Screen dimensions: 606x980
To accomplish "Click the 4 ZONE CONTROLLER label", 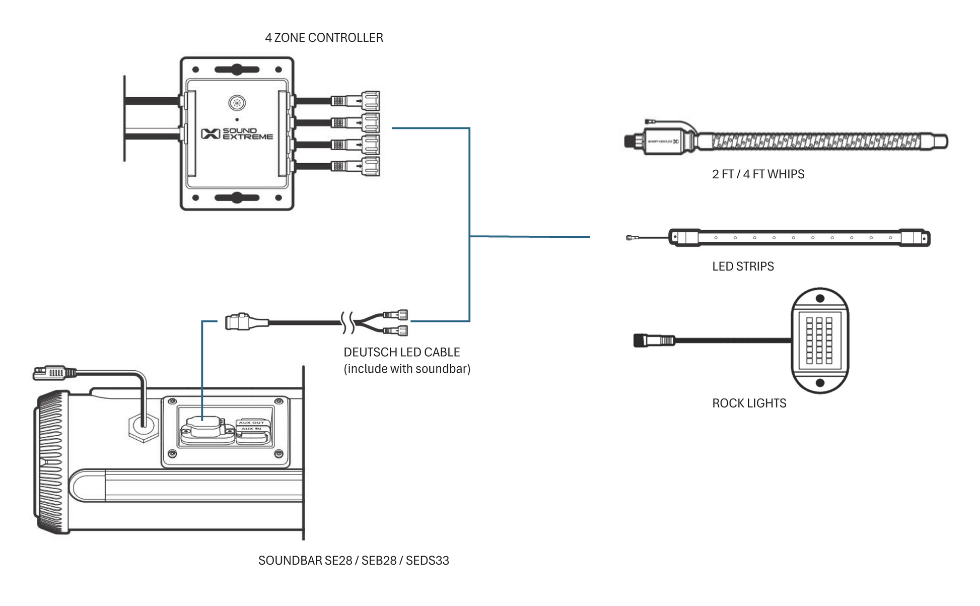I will [324, 38].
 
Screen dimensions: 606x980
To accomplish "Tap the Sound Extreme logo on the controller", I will [237, 133].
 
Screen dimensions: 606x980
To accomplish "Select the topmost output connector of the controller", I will [370, 101].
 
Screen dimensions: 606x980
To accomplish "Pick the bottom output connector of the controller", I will [370, 166].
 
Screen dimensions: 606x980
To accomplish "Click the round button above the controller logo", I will [237, 103].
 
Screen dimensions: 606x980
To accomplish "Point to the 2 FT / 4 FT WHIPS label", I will [758, 174].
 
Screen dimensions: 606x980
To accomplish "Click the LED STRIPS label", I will [743, 266].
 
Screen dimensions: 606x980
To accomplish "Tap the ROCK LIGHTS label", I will [749, 403].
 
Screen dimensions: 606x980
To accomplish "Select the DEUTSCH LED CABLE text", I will [401, 352].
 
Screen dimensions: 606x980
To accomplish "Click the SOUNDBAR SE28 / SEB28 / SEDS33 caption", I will [354, 561].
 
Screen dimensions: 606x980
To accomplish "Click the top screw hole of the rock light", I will [820, 298].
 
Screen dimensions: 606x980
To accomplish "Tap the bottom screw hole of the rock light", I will [820, 383].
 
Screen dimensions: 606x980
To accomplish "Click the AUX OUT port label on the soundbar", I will [251, 423].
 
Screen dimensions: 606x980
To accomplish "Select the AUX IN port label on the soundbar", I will [251, 429].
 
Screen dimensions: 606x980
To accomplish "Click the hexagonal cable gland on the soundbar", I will [144, 428].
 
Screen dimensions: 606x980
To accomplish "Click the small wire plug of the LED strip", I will [629, 238].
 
